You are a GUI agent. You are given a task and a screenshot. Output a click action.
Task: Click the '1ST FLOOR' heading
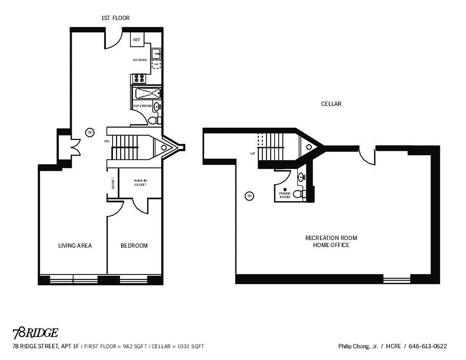pos(116,18)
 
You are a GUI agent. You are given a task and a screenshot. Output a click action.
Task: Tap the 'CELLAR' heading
pos(331,103)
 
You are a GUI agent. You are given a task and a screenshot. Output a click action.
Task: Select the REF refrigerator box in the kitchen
pos(137,40)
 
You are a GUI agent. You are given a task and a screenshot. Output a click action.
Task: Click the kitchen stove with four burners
pos(139,79)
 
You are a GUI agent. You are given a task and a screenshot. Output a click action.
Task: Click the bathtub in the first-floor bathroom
pos(148,94)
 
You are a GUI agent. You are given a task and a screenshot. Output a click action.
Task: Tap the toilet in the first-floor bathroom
pos(153,120)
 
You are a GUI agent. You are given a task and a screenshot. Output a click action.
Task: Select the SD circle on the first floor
pos(90,132)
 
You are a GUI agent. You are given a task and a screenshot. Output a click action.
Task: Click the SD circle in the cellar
pos(249,196)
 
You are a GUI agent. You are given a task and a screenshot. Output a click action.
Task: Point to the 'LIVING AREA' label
pos(75,246)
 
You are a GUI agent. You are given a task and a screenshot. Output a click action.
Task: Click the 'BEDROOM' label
pos(134,246)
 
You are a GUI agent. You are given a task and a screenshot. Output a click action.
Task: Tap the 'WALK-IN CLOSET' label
pos(140,182)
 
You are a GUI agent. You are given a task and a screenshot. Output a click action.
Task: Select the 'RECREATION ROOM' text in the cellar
pos(331,238)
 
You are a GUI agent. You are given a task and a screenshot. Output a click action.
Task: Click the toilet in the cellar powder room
pos(298,194)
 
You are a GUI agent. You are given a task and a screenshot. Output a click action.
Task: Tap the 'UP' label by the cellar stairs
pos(252,153)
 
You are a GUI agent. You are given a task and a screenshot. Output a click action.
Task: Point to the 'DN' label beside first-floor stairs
pos(107,141)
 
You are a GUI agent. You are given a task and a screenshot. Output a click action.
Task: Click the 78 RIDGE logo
pos(35,333)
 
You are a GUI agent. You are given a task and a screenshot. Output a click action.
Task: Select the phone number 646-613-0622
pos(428,346)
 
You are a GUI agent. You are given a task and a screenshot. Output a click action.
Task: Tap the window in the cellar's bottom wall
pos(397,279)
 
